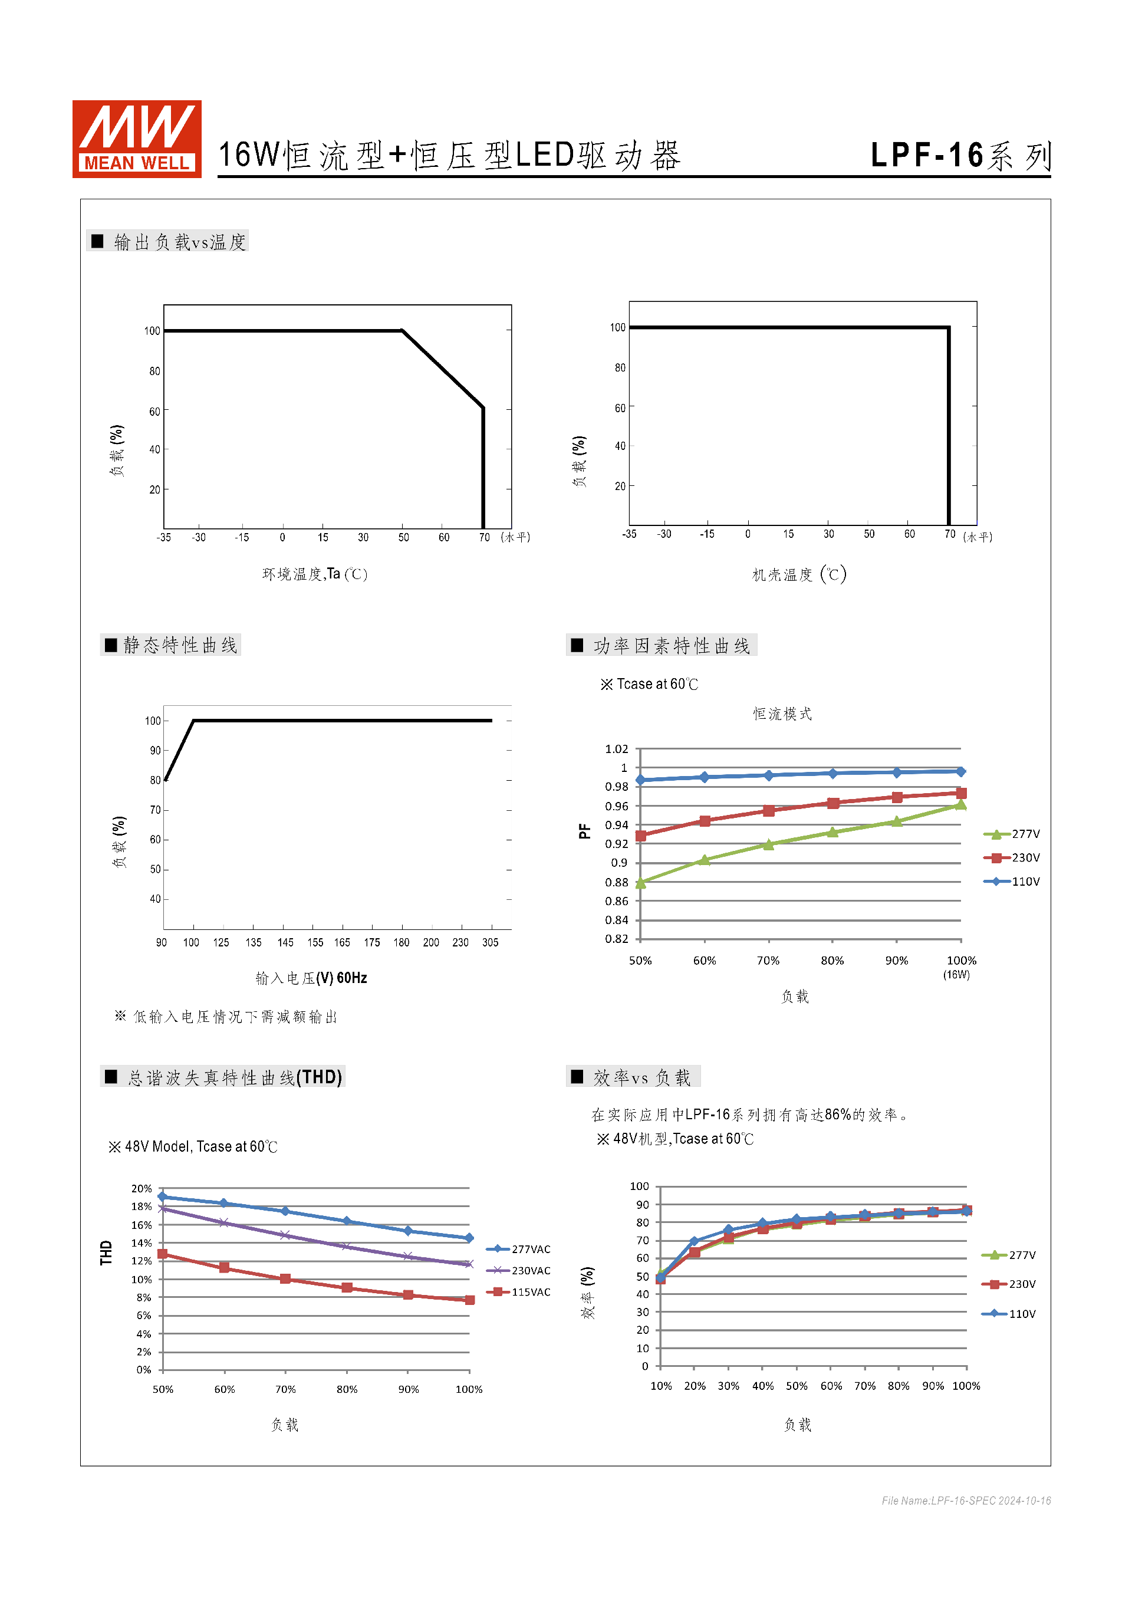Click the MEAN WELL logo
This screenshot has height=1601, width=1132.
click(x=137, y=139)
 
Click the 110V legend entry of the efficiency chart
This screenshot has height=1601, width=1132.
click(x=1009, y=1314)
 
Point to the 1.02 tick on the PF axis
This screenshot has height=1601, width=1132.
click(x=616, y=749)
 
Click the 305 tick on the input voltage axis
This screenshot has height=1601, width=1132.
click(x=490, y=942)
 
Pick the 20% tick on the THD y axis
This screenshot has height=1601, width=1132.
click(x=141, y=1188)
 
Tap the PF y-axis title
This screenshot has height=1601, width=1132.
click(x=584, y=831)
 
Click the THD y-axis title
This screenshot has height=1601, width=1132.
click(x=106, y=1252)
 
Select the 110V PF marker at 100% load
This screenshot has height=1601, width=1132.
click(x=960, y=771)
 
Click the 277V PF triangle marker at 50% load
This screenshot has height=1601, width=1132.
click(x=641, y=883)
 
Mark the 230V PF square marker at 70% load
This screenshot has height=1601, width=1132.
click(x=768, y=811)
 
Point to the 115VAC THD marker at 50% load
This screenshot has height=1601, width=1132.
click(x=162, y=1254)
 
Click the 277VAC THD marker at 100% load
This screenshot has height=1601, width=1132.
click(x=469, y=1238)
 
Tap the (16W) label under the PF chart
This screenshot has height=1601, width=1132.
click(x=956, y=975)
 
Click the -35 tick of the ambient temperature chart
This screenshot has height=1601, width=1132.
click(x=163, y=537)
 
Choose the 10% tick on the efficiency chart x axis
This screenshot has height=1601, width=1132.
click(x=661, y=1386)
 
